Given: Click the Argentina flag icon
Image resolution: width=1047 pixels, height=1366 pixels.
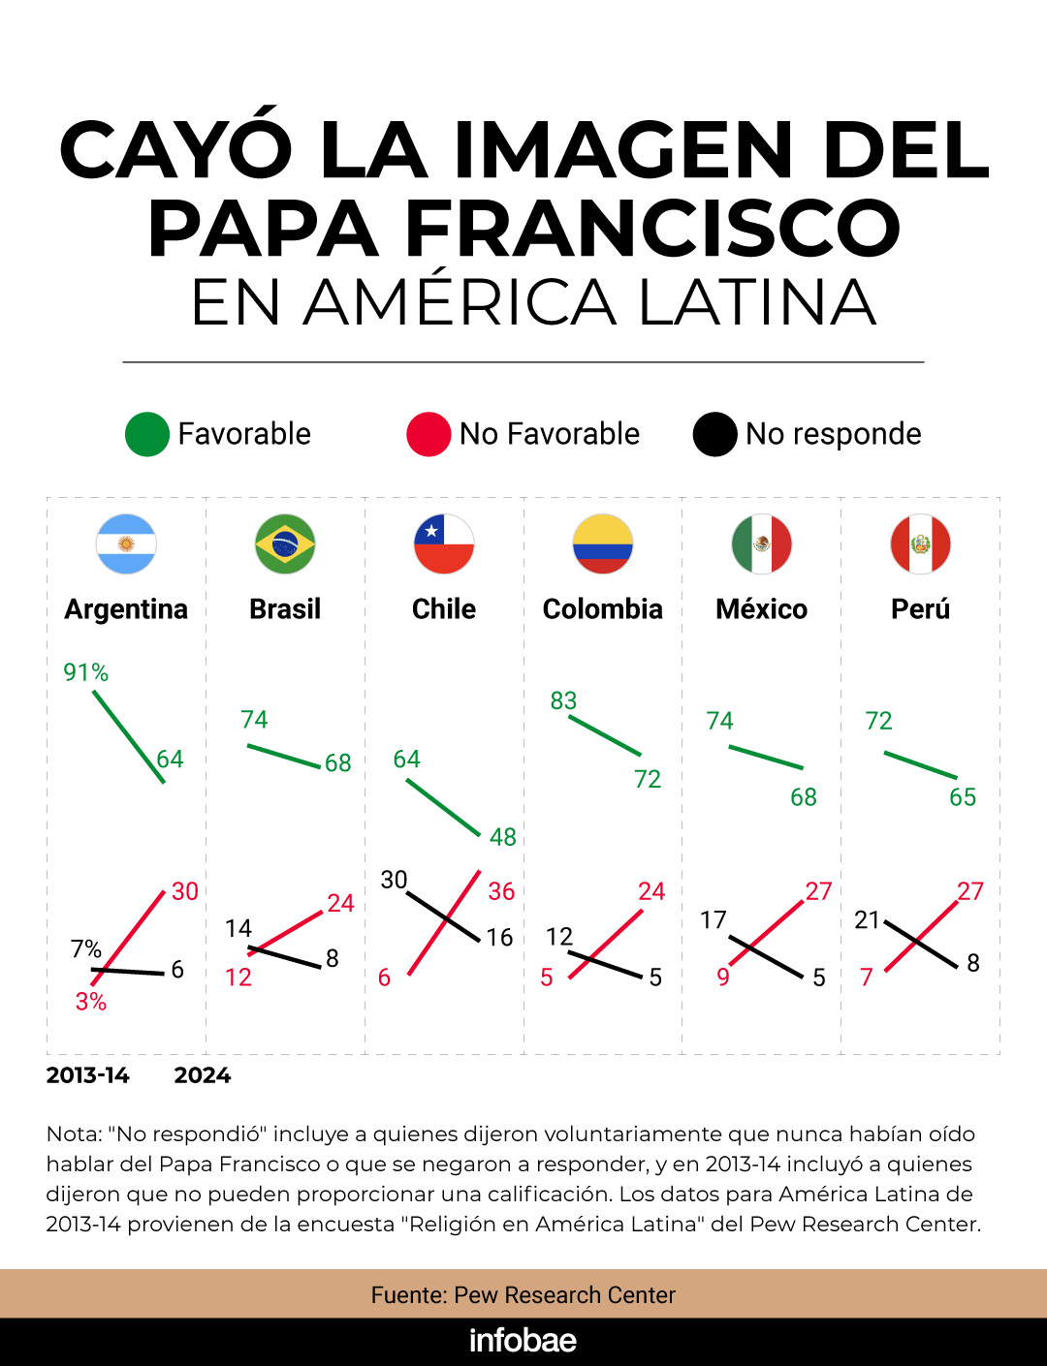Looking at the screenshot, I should pos(126,543).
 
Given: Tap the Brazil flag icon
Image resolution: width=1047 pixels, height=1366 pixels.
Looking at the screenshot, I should pos(285,543).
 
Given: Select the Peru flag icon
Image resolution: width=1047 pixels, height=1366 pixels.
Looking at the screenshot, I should pos(920,543).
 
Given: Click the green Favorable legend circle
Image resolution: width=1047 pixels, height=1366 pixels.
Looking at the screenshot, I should pos(147,434).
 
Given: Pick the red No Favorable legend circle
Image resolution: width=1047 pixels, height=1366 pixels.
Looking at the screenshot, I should pos(428,434).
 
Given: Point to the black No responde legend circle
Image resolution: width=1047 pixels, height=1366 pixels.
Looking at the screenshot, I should pos(715,434).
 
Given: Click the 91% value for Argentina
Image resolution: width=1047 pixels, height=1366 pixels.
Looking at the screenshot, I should pos(86,672).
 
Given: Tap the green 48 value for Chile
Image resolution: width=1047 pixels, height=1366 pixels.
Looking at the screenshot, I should pos(502,837).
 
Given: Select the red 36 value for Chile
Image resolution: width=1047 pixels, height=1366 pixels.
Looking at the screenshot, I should pos(501,891).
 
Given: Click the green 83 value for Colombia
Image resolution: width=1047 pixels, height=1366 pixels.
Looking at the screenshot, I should pos(563,700).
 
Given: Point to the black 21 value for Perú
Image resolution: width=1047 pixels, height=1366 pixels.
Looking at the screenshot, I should pos(867,920).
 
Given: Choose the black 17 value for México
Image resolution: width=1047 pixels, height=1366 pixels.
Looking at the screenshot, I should pos(714,920).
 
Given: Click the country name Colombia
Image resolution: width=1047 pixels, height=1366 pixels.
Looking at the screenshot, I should pos(602,609).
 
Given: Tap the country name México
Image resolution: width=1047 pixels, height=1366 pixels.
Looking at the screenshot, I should pos(761,609).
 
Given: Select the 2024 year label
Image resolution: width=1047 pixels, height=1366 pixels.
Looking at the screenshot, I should pos(203,1075).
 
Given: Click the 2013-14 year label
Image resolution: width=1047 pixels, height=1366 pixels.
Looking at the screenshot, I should pos(88,1075).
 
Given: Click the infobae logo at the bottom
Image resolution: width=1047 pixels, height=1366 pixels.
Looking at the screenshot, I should pos(523,1341).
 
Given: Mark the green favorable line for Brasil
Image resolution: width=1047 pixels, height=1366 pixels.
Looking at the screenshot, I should pos(284,756).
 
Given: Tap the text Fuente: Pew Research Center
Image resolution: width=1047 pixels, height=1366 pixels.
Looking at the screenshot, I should pos(523,1295).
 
